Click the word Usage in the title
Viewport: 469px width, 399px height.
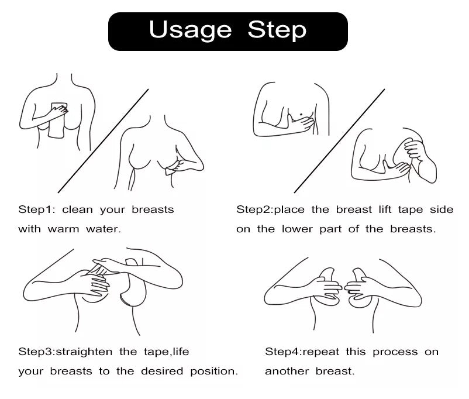pos(190,30)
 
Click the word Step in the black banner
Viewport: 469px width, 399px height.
pos(277,30)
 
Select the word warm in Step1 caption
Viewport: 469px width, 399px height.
pos(63,229)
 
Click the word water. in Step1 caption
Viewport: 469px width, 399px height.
pos(104,229)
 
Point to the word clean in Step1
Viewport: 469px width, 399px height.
pos(77,209)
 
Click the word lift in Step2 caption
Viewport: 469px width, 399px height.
pos(385,209)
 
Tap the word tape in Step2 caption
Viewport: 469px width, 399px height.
pos(411,210)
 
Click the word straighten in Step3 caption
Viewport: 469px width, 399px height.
pos(84,352)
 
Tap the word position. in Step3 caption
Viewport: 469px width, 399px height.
pos(214,372)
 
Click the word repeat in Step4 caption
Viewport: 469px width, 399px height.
pos(321,352)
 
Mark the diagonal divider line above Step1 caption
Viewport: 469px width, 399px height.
pos(103,141)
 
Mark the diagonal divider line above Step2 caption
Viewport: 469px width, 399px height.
pos(340,141)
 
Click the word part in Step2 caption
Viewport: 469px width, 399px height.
pos(330,230)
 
